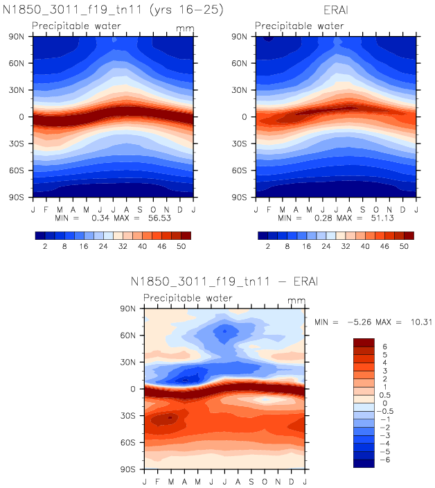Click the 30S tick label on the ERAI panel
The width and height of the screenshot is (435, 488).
(x=246, y=143)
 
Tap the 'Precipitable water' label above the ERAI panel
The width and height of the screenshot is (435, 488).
(x=299, y=26)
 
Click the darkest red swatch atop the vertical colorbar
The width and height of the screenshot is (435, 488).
(x=364, y=342)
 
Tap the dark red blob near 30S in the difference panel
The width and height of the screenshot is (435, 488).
(x=168, y=419)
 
